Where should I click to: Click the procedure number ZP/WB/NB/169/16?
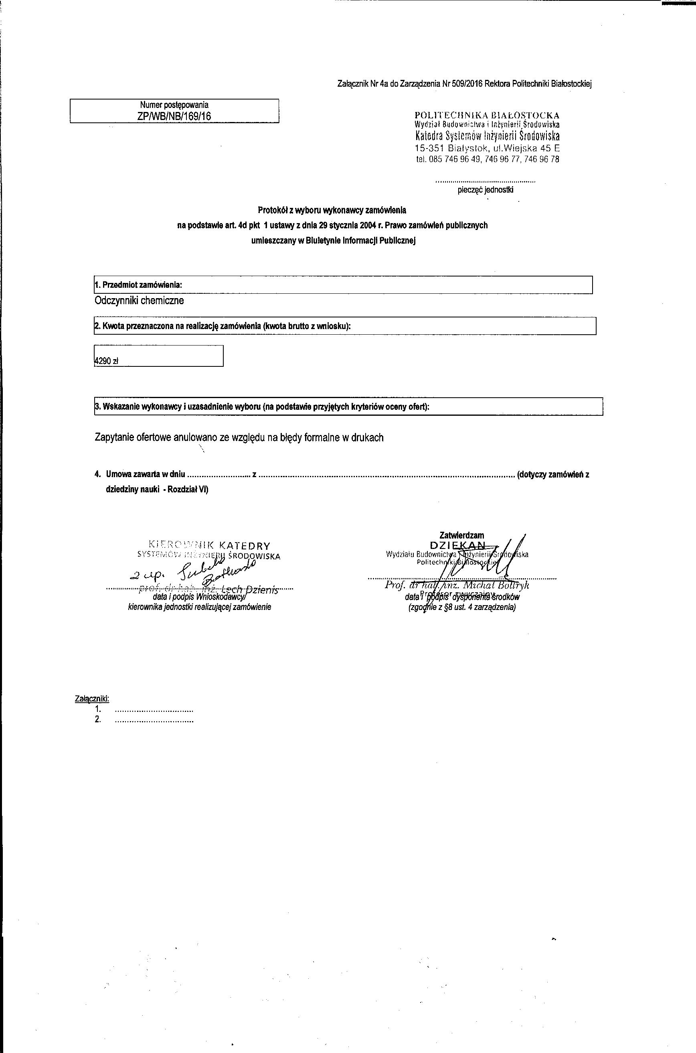click(174, 116)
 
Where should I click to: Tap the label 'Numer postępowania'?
click(174, 105)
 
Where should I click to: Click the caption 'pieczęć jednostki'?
click(486, 190)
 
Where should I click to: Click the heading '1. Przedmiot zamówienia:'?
click(138, 285)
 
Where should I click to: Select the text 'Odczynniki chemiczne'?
click(140, 301)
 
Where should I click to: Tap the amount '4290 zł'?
click(107, 361)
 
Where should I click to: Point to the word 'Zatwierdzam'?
click(461, 535)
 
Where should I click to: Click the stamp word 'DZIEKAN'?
click(457, 545)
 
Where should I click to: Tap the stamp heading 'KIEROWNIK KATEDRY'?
click(210, 546)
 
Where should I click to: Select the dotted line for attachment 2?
click(154, 720)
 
